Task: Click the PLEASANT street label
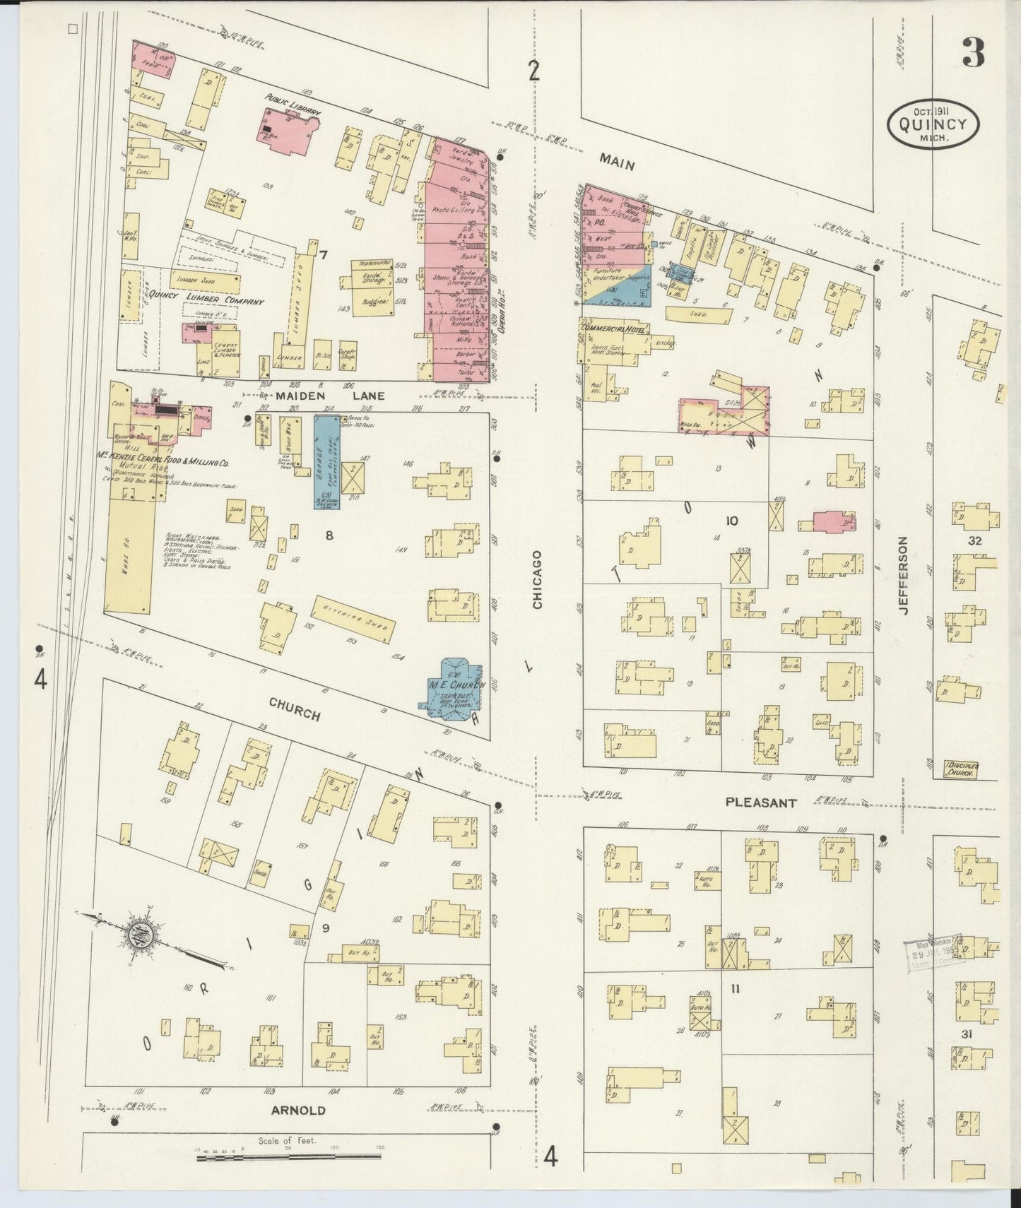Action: [760, 803]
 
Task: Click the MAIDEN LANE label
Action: [331, 396]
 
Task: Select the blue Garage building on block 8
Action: [326, 463]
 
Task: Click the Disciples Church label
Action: [960, 770]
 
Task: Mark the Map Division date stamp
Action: [934, 957]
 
